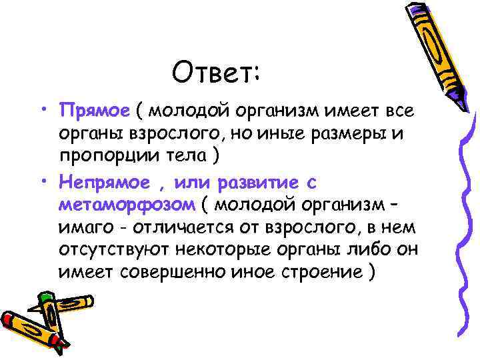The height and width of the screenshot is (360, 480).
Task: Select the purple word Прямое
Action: (x=94, y=109)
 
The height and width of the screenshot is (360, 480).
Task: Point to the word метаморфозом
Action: (x=126, y=205)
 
